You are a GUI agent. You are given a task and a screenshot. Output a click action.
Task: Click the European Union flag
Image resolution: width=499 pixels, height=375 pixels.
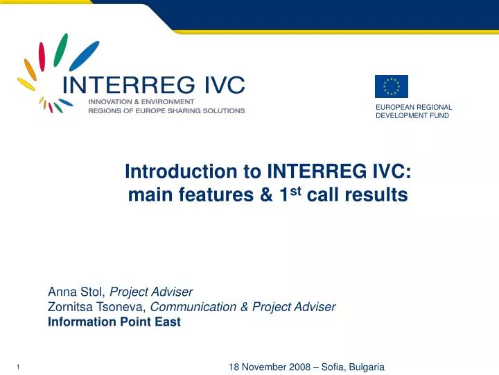coord(392,86)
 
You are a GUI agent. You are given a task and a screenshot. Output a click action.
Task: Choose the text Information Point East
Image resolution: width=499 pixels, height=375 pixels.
coord(114,322)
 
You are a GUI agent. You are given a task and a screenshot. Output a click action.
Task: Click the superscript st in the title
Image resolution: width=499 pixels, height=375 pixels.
coord(298,190)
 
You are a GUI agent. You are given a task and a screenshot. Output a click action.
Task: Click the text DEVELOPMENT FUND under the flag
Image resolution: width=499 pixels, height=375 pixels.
coord(412,116)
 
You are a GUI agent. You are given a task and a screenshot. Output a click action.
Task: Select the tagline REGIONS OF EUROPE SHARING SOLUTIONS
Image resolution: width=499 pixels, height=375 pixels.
coord(166,110)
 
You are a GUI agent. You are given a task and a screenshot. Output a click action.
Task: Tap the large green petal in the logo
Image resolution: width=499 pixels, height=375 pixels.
coord(60,49)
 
